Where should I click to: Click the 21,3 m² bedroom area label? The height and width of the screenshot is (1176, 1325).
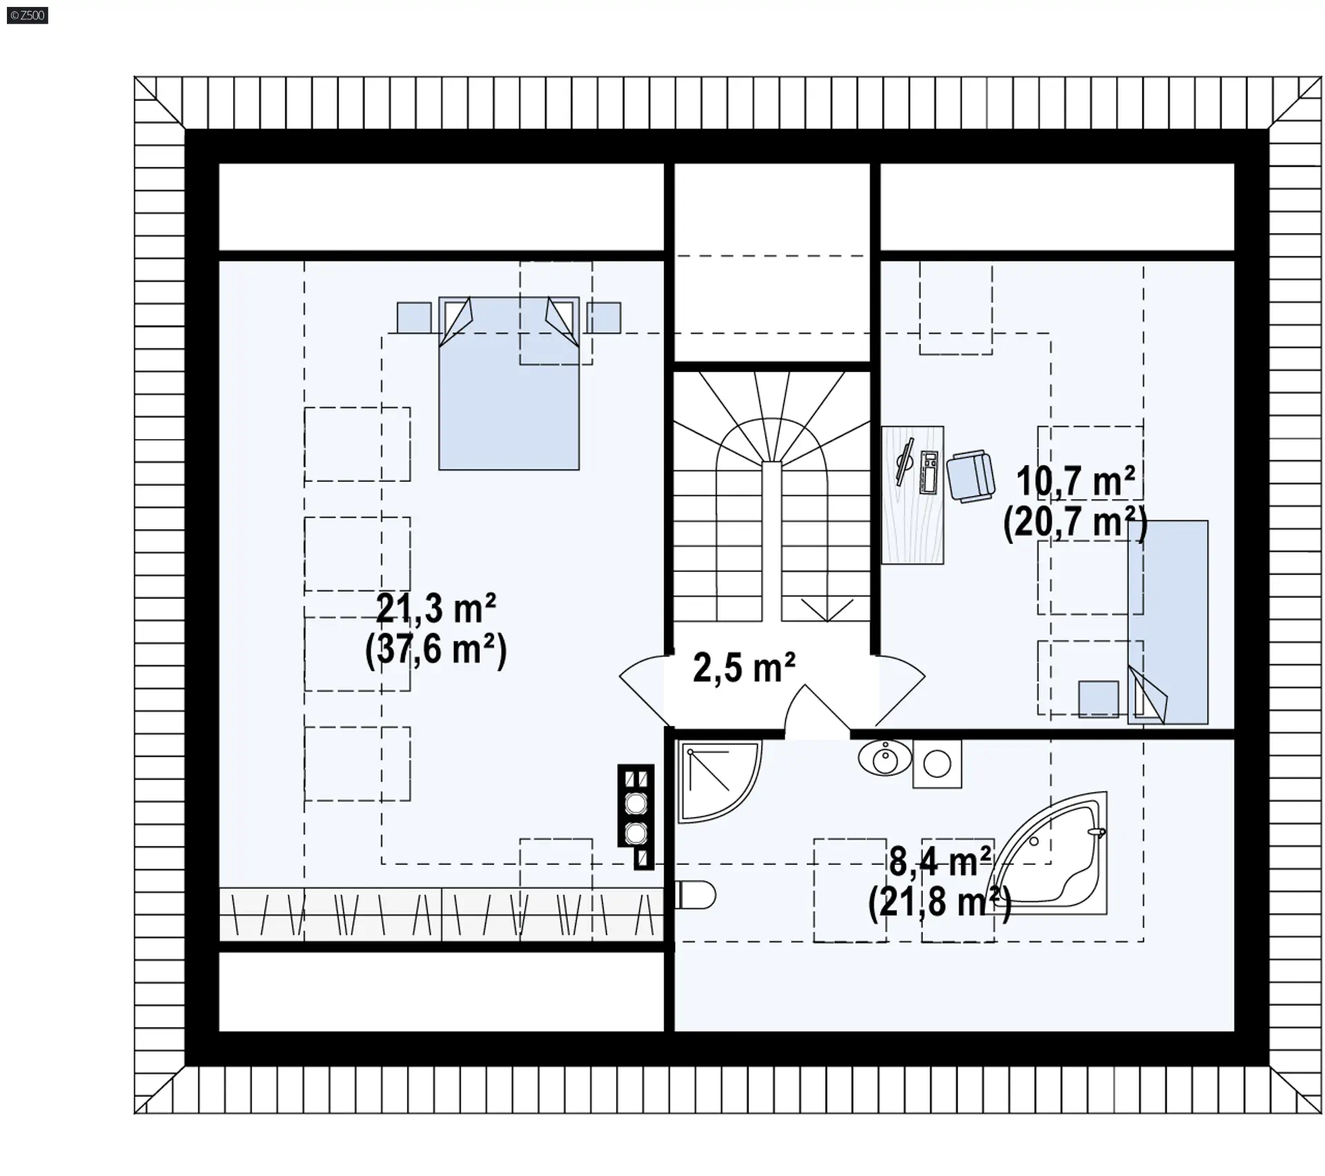click(435, 609)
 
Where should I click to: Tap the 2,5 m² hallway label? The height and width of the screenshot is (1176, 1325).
click(744, 668)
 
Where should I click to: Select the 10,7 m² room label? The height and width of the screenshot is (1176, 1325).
click(1075, 481)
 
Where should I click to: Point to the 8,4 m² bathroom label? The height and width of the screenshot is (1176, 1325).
click(940, 861)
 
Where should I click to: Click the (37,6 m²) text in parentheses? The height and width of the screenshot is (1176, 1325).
click(435, 650)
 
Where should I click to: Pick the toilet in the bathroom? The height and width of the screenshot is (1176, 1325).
click(695, 895)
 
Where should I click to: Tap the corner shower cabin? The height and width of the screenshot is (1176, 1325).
click(719, 781)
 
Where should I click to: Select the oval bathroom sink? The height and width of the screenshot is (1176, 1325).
click(885, 758)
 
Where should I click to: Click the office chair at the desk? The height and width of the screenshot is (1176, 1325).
click(970, 476)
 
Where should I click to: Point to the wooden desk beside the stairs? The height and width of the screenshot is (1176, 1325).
click(913, 495)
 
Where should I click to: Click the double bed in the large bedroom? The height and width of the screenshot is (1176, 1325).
click(509, 383)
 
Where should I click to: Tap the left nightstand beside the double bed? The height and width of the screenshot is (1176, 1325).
click(414, 318)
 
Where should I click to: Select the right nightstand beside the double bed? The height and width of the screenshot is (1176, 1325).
click(604, 318)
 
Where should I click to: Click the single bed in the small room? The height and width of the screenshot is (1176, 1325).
click(1168, 622)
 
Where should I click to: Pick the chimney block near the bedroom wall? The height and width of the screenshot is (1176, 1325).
click(636, 816)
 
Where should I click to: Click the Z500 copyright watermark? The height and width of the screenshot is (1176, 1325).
click(28, 15)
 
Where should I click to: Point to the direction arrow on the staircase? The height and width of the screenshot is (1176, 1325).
click(827, 610)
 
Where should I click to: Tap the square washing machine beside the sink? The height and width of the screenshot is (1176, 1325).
click(937, 764)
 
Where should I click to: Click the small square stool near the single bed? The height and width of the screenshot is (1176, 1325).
click(1099, 699)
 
